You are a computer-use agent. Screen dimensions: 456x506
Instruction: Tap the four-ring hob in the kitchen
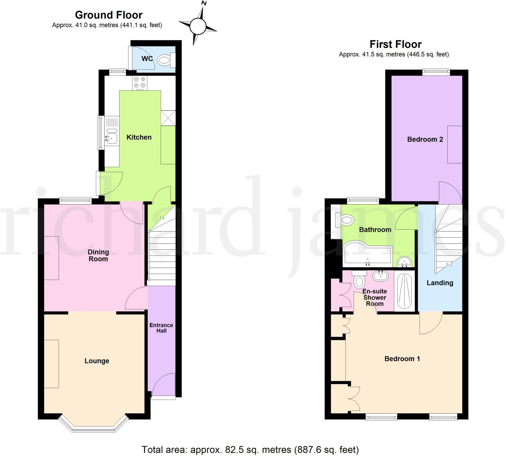(140, 83)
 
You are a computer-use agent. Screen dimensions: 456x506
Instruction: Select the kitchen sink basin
(112, 138)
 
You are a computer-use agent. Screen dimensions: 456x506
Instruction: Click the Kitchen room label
(139, 137)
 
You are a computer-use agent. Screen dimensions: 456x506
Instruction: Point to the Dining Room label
(98, 255)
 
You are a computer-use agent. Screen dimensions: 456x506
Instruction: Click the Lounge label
(97, 361)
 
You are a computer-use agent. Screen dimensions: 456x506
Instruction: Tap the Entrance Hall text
(161, 328)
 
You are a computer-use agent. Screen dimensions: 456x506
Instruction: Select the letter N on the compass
(204, 3)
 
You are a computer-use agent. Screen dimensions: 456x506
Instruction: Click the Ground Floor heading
(109, 15)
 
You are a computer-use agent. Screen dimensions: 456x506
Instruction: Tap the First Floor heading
(396, 44)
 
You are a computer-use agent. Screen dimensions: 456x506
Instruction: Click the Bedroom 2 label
(425, 139)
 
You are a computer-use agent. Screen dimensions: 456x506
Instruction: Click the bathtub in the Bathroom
(367, 254)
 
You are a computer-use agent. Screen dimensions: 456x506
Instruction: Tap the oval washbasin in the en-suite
(380, 276)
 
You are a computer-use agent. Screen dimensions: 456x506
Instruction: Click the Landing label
(440, 283)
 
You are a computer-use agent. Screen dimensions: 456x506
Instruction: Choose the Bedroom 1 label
(402, 359)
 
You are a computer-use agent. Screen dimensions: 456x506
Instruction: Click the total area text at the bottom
(250, 450)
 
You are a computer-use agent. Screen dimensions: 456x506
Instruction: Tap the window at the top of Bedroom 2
(436, 72)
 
